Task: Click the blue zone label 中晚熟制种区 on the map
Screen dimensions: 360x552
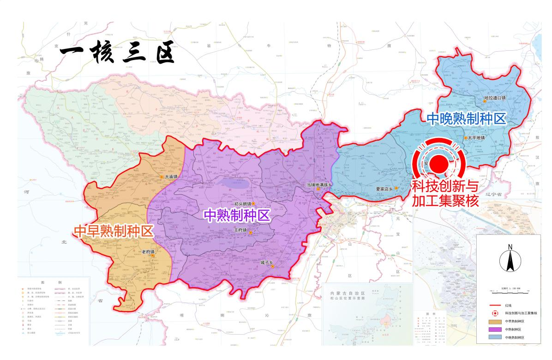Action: click(466, 119)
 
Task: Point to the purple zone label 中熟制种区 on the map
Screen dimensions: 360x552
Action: click(237, 215)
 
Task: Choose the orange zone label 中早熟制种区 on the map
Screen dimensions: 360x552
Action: click(114, 231)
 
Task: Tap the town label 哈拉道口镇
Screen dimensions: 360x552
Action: click(495, 98)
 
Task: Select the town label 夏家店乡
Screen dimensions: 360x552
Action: click(384, 188)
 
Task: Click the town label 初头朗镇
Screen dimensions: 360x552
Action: click(242, 204)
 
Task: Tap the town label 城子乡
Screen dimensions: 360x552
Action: click(267, 262)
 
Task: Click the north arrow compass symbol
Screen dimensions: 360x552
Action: click(510, 258)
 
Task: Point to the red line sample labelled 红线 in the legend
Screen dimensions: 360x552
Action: click(496, 305)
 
